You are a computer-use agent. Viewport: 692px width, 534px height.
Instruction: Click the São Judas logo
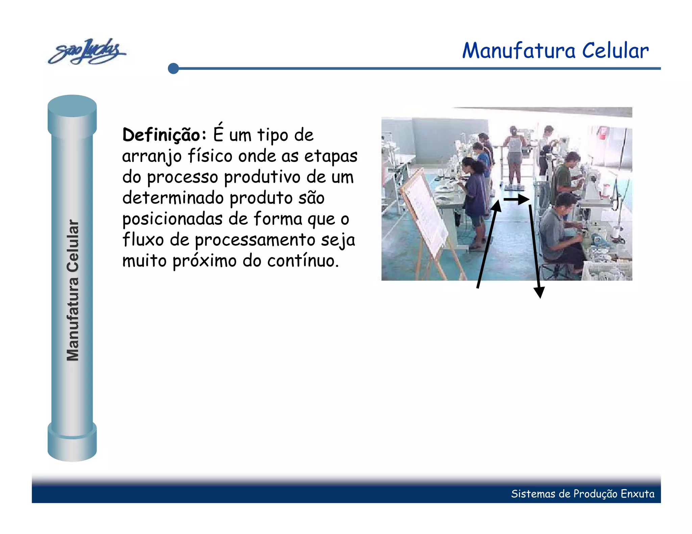click(x=87, y=51)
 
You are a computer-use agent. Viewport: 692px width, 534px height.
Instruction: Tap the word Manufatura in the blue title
click(x=518, y=51)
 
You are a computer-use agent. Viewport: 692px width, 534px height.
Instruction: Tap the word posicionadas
click(x=172, y=219)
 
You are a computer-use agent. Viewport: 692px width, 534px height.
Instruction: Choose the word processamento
click(x=255, y=240)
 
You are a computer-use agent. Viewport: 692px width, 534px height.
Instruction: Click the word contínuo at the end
click(x=303, y=261)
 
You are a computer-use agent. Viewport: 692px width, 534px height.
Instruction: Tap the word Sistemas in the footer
click(x=533, y=494)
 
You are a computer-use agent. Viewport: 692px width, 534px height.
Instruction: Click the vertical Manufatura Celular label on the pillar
click(x=73, y=290)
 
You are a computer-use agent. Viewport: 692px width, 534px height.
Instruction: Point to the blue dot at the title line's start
click(x=173, y=68)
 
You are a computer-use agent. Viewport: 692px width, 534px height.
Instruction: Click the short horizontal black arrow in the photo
click(x=516, y=199)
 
